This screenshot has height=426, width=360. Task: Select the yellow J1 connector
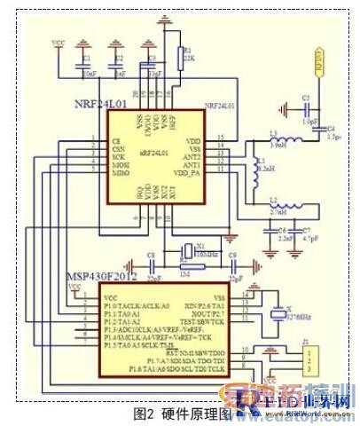pos(308,364)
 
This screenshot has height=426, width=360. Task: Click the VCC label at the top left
pos(59,42)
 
